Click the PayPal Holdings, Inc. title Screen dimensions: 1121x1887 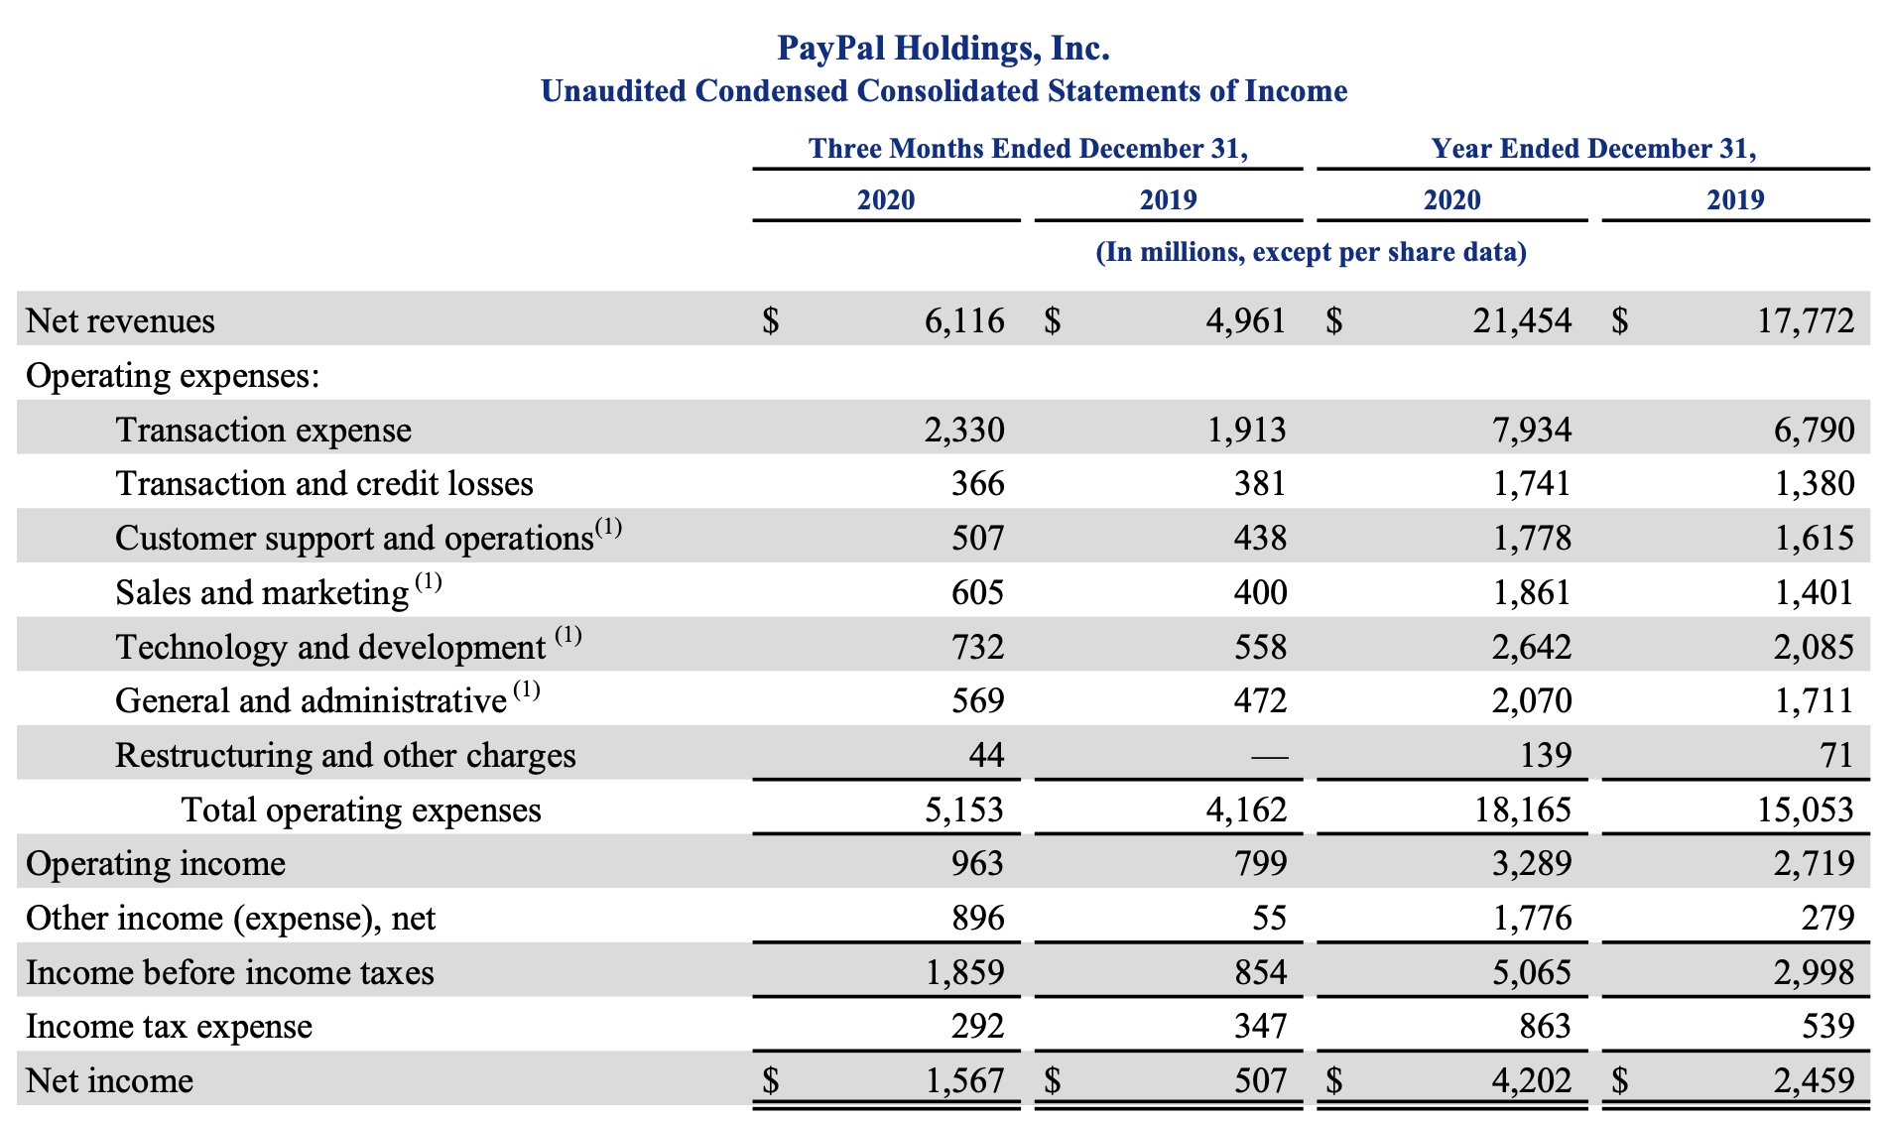coord(943,48)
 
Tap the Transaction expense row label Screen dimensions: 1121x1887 coord(263,430)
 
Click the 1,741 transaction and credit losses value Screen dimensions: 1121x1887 coord(1532,483)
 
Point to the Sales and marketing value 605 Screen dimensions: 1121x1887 coord(977,592)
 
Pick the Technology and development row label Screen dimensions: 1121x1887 coord(330,647)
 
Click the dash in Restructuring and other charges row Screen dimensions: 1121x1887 coord(1269,757)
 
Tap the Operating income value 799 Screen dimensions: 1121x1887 coord(1260,863)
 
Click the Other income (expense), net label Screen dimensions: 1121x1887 coord(230,918)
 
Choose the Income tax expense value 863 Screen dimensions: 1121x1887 coord(1545,1026)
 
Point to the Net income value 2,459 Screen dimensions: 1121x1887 coord(1814,1080)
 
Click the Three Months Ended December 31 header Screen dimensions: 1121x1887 coord(1028,149)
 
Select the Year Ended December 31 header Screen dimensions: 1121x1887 coord(1593,149)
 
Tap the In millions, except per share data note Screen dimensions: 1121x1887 coord(1311,252)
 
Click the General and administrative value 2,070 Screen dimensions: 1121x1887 coord(1532,700)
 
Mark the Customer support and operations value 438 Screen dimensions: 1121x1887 coord(1260,538)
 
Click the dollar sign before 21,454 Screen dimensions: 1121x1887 coord(1334,320)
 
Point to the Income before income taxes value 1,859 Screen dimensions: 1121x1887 coord(964,972)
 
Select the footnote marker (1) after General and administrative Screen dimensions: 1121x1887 coord(526,689)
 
